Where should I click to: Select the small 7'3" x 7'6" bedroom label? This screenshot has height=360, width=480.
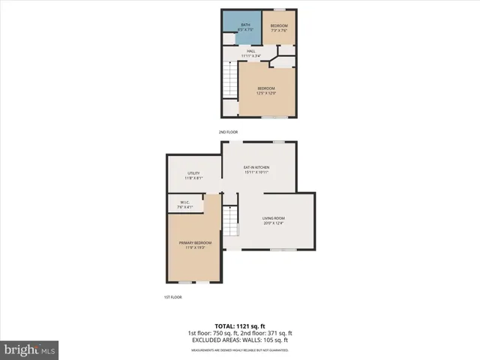point(279,29)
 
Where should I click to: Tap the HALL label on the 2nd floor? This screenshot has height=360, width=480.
point(251,53)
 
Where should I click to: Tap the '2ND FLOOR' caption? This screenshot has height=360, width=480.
point(228,132)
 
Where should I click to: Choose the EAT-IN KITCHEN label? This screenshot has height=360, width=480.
point(256,169)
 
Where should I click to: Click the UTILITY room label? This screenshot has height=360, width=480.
point(193,175)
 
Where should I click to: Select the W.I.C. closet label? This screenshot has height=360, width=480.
point(185,203)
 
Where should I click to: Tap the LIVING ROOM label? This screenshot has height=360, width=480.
point(275,220)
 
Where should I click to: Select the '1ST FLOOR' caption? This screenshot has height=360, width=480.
point(172,297)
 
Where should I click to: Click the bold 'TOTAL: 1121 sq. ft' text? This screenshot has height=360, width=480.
point(239,326)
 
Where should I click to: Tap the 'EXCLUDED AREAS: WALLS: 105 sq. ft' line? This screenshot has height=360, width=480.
point(239,340)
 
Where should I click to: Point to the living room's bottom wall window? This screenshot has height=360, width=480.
point(283,249)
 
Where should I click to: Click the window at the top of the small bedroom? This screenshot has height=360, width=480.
point(279,10)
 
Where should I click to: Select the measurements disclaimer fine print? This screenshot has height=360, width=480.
point(239,346)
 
